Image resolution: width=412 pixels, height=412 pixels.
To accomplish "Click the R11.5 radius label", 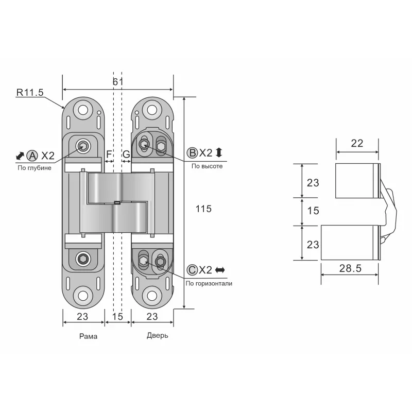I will pos(29,93).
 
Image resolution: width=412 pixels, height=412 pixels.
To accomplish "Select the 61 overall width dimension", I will pos(118,82).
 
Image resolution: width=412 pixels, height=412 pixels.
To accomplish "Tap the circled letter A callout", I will pos(32,155).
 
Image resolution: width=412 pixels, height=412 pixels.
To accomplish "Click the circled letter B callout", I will pos(192,152).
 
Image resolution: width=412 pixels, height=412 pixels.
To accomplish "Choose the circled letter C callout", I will pos(192,270).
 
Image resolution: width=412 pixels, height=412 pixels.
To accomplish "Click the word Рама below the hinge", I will pos(88,336).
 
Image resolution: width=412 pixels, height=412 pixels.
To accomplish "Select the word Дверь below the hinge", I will pos(157,335).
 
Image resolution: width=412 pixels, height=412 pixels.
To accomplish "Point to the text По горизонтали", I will pos(209,283).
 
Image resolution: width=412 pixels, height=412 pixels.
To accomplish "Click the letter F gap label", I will pos(109,154).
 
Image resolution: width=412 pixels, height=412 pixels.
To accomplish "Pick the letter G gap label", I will pos(126,154).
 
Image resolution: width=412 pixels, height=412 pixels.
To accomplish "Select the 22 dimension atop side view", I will pos(356,144).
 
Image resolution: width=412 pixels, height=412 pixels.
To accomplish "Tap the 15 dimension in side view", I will pos(313,211).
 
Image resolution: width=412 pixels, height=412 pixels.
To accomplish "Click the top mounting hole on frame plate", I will pos(82,111).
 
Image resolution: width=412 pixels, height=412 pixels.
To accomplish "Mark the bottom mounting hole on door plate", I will pos(151,296).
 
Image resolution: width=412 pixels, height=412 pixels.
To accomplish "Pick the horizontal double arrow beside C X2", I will pos(220,270).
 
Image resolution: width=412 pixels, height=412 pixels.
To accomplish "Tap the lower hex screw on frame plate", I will pos(82,259).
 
